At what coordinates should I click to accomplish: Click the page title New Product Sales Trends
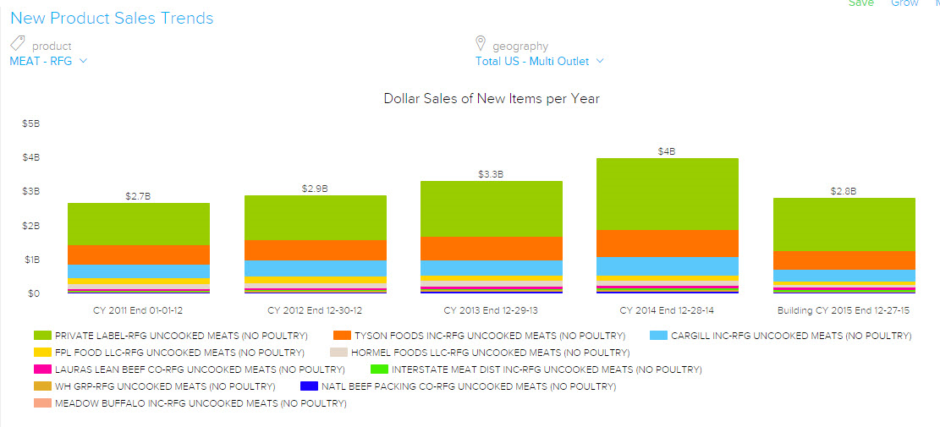pyautogui.click(x=112, y=18)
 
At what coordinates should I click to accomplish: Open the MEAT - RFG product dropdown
pyautogui.click(x=48, y=61)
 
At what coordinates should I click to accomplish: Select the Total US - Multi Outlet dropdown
pyautogui.click(x=539, y=61)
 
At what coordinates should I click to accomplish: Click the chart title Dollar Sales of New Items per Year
pyautogui.click(x=492, y=99)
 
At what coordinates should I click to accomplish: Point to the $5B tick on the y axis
pyautogui.click(x=31, y=123)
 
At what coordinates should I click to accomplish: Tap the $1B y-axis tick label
pyautogui.click(x=31, y=260)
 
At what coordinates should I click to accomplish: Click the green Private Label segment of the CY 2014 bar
pyautogui.click(x=668, y=194)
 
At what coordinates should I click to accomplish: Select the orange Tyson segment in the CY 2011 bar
pyautogui.click(x=139, y=255)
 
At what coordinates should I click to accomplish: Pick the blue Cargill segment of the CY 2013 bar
pyautogui.click(x=492, y=267)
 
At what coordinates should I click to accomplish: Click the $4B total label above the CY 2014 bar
pyautogui.click(x=667, y=151)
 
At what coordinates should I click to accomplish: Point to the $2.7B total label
pyautogui.click(x=138, y=196)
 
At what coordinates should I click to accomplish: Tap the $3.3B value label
pyautogui.click(x=491, y=174)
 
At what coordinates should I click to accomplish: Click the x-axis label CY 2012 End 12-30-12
pyautogui.click(x=315, y=310)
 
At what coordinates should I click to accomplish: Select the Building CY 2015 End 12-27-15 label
pyautogui.click(x=844, y=310)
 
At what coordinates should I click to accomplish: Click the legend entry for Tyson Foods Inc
pyautogui.click(x=488, y=336)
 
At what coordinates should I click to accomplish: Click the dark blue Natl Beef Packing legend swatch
pyautogui.click(x=309, y=386)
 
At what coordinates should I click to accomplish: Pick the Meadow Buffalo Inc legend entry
pyautogui.click(x=201, y=403)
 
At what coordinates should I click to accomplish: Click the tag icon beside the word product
pyautogui.click(x=18, y=44)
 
